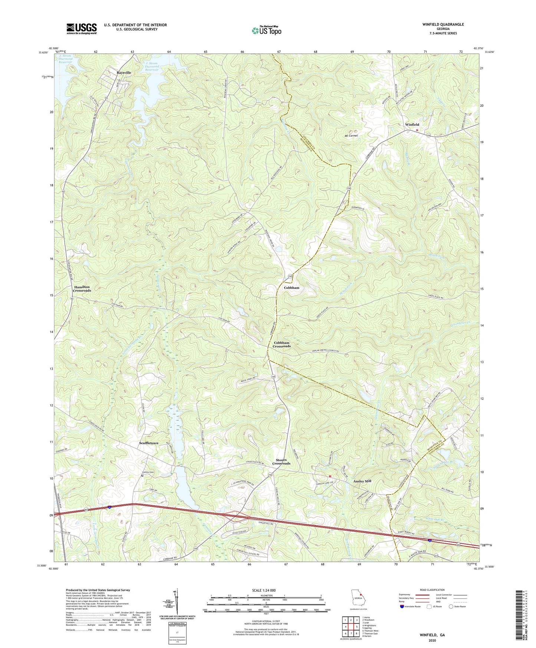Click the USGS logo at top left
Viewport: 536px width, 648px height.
coord(82,29)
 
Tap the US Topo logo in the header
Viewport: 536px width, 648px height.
coord(266,30)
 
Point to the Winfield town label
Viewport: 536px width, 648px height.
coord(412,125)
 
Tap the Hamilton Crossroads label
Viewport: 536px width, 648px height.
coord(82,289)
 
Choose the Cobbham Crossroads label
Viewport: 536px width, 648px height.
coord(282,344)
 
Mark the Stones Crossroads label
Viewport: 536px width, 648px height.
coord(281,462)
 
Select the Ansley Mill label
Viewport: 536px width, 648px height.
coord(362,481)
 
